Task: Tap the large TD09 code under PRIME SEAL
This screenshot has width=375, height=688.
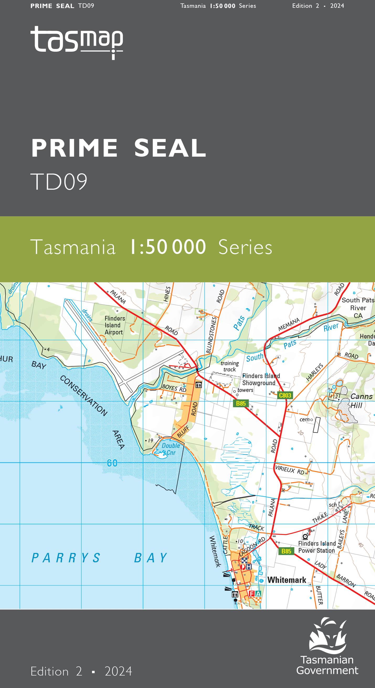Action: click(59, 182)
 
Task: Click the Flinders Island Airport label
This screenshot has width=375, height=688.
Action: click(114, 325)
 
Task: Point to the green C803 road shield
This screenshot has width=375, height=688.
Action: click(285, 395)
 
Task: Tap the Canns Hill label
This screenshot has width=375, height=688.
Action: click(361, 401)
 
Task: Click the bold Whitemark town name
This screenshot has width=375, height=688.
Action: click(287, 580)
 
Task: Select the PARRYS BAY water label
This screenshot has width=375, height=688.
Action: click(99, 558)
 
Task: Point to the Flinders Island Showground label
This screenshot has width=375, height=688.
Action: click(261, 380)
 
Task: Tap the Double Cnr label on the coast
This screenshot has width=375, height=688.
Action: click(170, 449)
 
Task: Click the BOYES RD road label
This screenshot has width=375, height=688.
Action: click(174, 388)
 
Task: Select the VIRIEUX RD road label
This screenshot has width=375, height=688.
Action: click(290, 470)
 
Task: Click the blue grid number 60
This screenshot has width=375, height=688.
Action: click(112, 463)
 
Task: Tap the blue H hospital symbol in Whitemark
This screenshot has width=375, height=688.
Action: click(249, 567)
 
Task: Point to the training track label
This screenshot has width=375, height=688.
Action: click(230, 366)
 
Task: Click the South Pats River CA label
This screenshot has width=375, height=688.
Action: click(358, 308)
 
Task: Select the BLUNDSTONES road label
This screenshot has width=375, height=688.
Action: click(211, 335)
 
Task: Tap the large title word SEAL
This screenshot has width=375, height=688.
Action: click(170, 148)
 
